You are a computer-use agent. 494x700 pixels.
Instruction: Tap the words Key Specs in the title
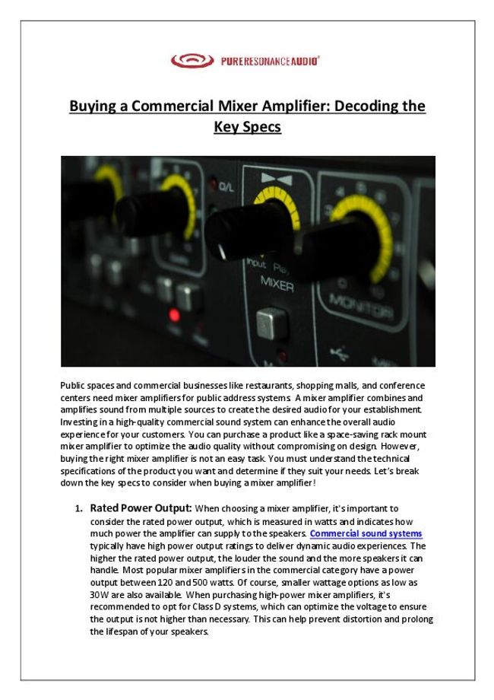click(247, 127)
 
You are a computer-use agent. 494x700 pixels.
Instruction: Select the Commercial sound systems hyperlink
click(366, 533)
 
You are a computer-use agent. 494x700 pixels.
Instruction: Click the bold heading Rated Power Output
click(141, 508)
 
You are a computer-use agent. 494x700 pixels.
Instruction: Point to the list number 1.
click(78, 508)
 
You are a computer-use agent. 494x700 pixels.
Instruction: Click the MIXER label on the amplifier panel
click(277, 281)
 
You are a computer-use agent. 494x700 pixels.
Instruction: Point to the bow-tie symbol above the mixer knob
click(271, 179)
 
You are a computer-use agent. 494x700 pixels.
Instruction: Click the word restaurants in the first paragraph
click(252, 385)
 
